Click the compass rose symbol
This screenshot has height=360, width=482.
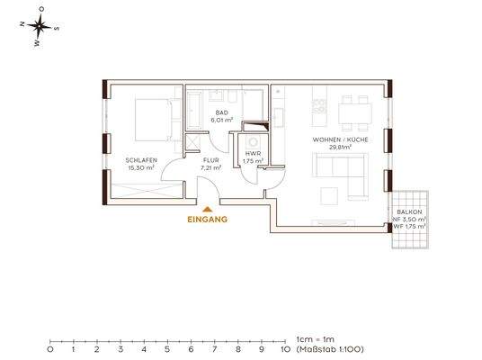40,26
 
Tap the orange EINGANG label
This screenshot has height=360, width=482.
208,220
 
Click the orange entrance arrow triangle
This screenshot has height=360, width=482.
207,209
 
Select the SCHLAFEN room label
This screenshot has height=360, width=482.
141,160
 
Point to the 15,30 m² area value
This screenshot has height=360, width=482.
141,167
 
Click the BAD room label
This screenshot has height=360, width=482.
221,112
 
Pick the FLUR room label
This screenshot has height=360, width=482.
210,160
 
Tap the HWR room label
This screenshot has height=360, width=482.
253,154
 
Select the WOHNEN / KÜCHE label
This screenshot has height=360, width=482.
340,139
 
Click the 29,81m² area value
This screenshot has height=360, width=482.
340,147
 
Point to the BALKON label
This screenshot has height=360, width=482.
409,212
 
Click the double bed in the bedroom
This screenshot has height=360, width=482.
153,120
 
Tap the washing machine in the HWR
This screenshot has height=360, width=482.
254,142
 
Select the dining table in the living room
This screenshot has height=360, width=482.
355,113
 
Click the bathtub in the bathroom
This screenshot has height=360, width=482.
194,110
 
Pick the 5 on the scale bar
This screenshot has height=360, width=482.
167,349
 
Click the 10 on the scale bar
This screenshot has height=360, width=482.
285,349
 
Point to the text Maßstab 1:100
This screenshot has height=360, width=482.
330,349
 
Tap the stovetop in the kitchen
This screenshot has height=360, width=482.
319,106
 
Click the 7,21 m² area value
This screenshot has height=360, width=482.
210,168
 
